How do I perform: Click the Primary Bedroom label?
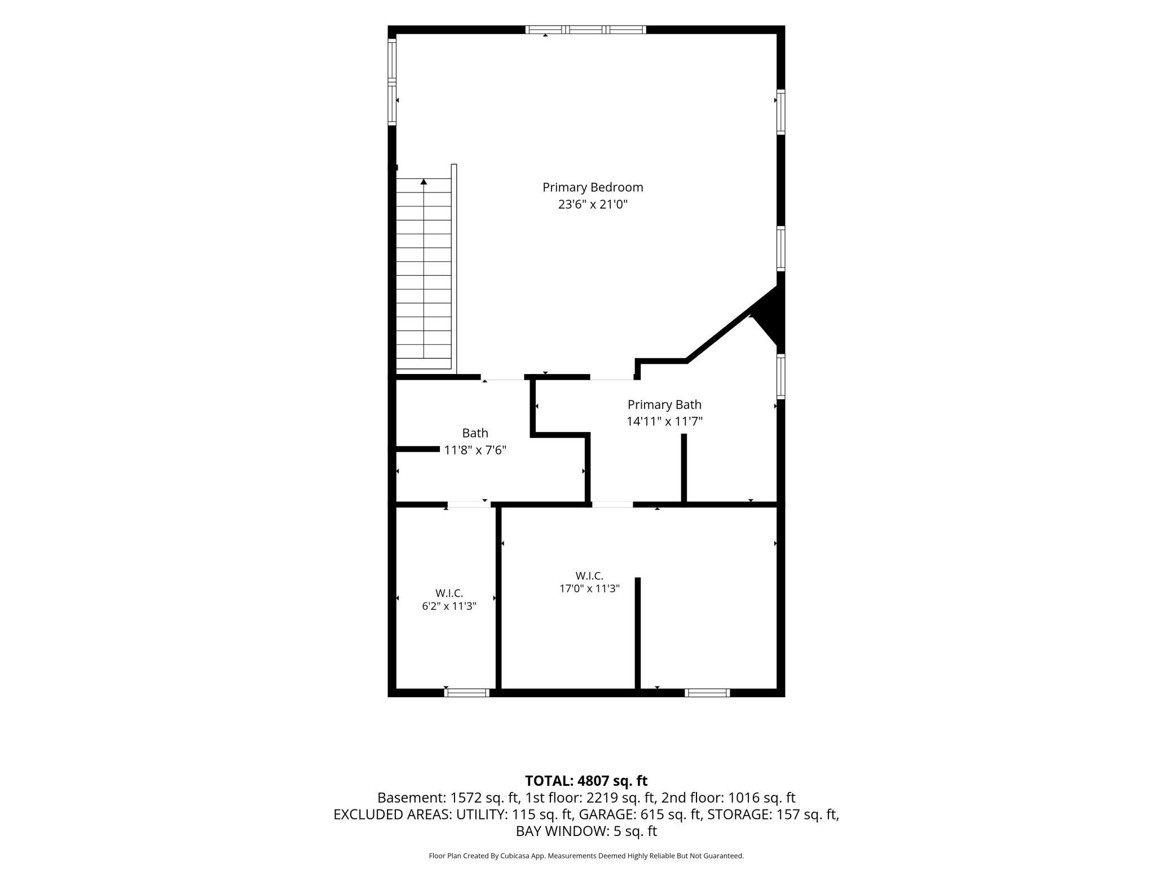[x=593, y=187]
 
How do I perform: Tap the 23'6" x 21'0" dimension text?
[x=593, y=204]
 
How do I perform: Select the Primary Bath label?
[x=664, y=404]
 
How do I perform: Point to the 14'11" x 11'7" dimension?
[x=664, y=421]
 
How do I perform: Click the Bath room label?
[x=475, y=433]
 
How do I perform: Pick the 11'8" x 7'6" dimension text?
[x=475, y=450]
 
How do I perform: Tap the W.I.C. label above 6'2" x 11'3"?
[x=449, y=593]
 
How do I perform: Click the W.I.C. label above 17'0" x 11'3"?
[x=589, y=576]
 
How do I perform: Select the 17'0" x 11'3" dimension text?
[x=589, y=589]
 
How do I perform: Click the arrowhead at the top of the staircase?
[x=424, y=182]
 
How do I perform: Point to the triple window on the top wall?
[x=586, y=30]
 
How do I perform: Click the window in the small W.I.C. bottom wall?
[x=467, y=693]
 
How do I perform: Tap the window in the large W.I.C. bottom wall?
[x=707, y=693]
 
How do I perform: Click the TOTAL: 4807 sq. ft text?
[x=586, y=781]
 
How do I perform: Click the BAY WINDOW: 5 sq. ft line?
[x=586, y=831]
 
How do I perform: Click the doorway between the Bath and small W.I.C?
[x=469, y=504]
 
